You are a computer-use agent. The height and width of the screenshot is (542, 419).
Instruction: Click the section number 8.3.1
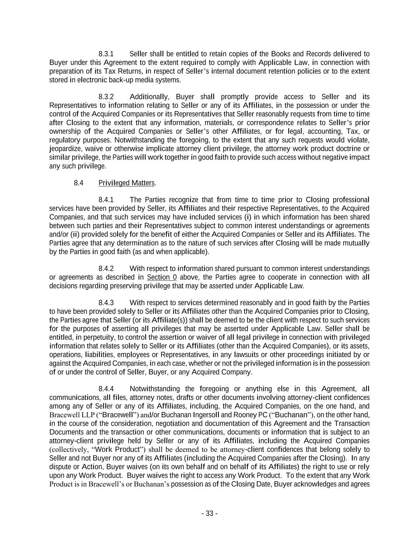click(x=106, y=54)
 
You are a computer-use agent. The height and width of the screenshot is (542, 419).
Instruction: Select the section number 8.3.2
click(x=106, y=97)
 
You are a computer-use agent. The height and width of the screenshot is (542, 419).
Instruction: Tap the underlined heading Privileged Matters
click(x=126, y=183)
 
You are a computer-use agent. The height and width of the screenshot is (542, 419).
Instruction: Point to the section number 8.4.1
click(x=106, y=200)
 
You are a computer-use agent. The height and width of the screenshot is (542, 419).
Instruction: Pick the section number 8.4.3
click(x=106, y=303)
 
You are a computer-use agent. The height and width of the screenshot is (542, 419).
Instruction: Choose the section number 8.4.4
click(x=106, y=389)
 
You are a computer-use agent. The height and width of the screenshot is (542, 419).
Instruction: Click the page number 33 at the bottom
click(x=209, y=514)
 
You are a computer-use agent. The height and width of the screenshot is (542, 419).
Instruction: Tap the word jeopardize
click(x=64, y=149)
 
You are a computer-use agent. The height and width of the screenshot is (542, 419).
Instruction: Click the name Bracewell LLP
click(x=66, y=415)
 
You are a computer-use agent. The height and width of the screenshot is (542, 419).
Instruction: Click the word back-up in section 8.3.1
click(x=106, y=80)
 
